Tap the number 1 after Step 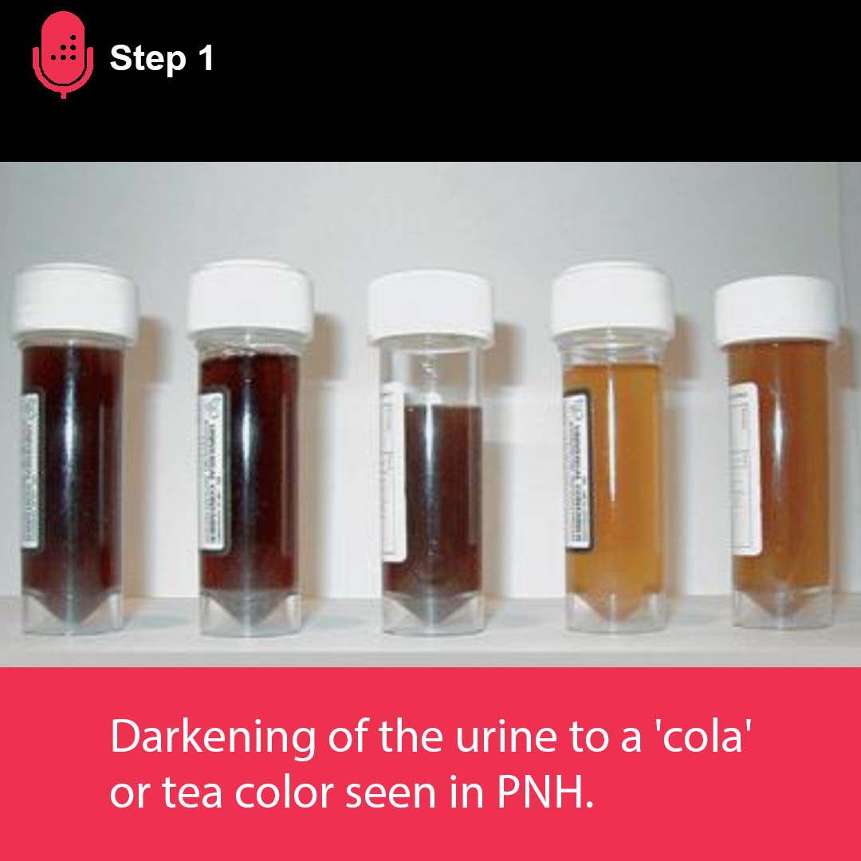point(203,58)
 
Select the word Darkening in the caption point(213,738)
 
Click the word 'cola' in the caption point(702,738)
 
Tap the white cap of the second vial point(250,299)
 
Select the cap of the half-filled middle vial point(431,307)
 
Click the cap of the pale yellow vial point(611,301)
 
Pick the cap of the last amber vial point(776,311)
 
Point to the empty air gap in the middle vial point(431,375)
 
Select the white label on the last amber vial point(745,470)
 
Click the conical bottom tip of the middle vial point(430,610)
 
